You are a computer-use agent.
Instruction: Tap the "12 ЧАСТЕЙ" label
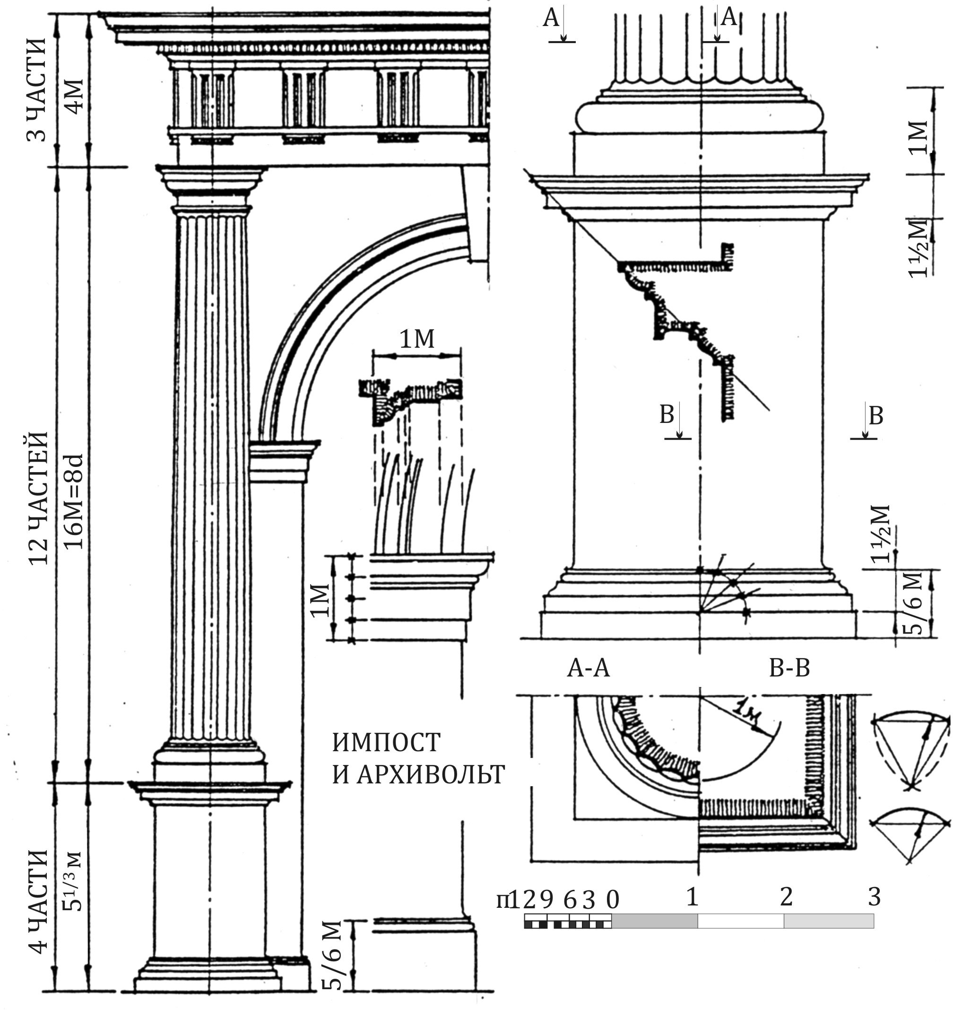click(x=39, y=499)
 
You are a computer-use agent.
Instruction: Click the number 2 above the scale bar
click(x=786, y=896)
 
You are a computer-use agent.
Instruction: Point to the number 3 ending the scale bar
click(x=874, y=896)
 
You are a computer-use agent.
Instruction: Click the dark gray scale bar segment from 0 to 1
click(x=654, y=921)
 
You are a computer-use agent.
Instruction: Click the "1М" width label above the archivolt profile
click(x=417, y=339)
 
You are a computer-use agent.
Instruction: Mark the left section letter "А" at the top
click(x=551, y=18)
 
